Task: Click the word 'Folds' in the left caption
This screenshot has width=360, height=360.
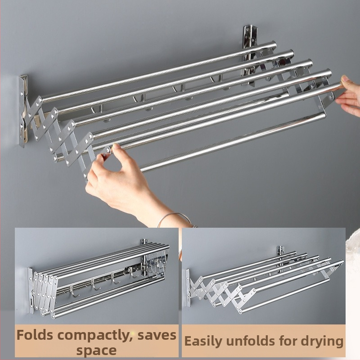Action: tap(35, 335)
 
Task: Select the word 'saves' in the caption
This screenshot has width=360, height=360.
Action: tap(157, 336)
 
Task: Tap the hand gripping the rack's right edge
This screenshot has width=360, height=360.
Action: tap(348, 95)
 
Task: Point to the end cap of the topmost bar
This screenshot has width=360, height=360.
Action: tap(274, 45)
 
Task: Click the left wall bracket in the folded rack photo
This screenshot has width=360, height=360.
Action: tap(31, 290)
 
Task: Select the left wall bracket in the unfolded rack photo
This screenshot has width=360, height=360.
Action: tap(188, 288)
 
